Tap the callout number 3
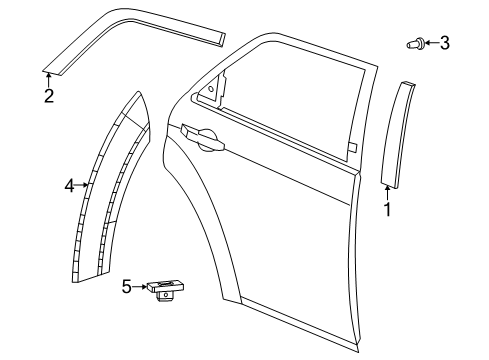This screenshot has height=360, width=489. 445,43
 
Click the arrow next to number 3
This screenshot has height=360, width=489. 431,43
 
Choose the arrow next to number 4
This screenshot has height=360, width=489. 84,185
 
